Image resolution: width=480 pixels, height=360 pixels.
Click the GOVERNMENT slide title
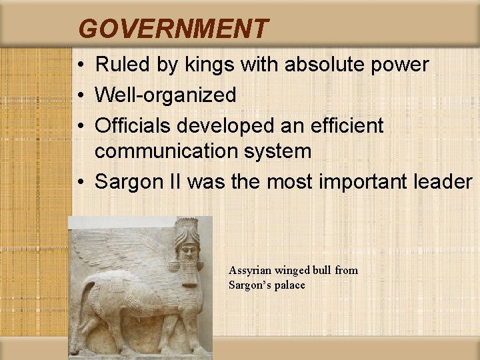[x=173, y=29]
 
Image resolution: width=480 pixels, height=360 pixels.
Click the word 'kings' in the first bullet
[x=203, y=65]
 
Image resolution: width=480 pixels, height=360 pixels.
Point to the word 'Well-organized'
[x=165, y=95]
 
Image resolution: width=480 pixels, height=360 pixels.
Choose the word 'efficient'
[x=346, y=125]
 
